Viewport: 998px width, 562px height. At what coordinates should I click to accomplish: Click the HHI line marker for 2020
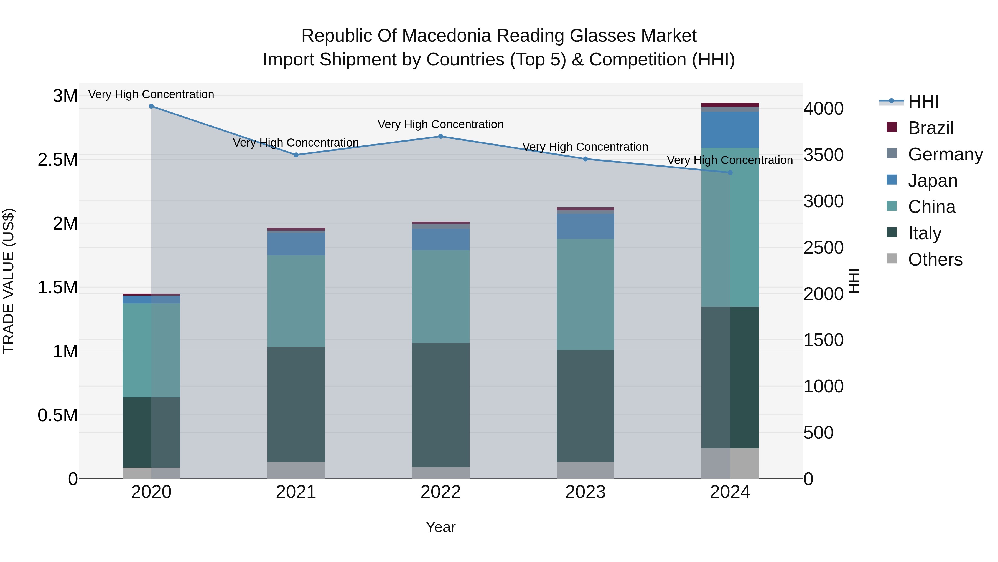(151, 106)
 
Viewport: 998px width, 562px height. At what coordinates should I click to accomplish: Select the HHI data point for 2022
(441, 137)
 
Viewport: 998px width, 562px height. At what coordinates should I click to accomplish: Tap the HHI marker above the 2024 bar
(730, 173)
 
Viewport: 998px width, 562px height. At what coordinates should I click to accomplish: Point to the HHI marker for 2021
(296, 155)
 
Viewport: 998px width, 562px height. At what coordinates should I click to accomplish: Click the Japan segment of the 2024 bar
(730, 130)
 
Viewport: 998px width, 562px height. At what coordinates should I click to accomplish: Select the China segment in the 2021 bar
(296, 301)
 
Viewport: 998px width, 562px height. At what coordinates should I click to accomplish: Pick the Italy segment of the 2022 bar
(441, 405)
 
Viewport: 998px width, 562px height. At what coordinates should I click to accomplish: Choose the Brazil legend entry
(930, 128)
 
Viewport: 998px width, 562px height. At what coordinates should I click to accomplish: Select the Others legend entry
(935, 259)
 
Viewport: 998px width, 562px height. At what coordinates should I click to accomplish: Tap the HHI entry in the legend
(923, 102)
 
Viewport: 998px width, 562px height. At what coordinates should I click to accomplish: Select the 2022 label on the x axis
(441, 492)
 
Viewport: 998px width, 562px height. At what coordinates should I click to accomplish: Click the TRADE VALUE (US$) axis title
(9, 281)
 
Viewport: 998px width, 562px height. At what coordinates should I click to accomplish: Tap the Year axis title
(441, 527)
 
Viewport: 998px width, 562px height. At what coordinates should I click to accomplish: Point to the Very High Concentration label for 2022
(441, 125)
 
